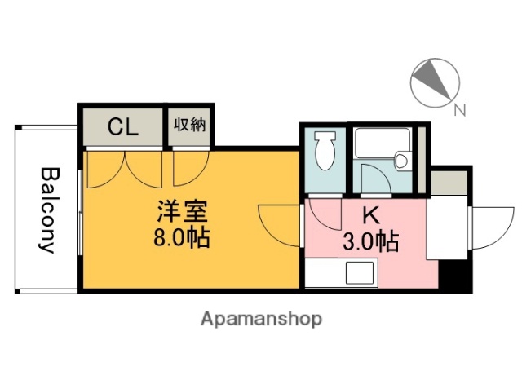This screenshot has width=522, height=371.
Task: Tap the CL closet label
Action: click(124, 126)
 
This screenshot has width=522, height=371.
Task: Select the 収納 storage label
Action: click(189, 126)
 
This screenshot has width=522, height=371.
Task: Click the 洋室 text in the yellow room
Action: click(184, 214)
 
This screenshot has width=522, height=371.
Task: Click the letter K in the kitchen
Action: click(370, 217)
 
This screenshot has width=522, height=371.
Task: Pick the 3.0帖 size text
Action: click(370, 241)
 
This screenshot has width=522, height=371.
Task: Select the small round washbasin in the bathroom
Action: click(401, 161)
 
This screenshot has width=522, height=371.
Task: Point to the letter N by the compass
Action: click(459, 111)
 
